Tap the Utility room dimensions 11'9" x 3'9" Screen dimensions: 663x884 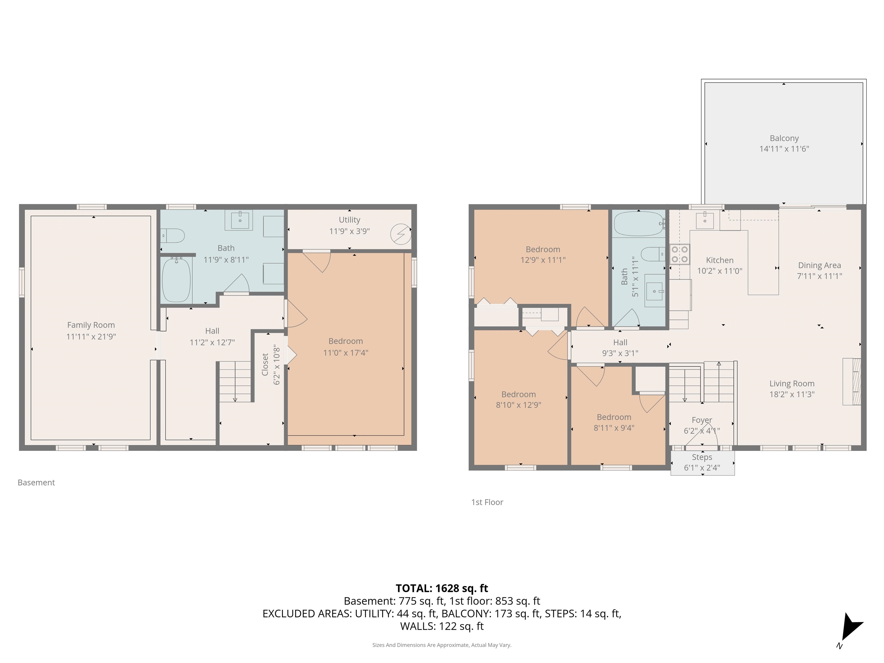click(349, 231)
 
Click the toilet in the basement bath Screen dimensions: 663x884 click(173, 236)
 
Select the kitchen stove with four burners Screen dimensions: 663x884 click(679, 254)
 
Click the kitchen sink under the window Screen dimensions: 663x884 click(704, 220)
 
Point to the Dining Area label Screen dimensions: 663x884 click(819, 265)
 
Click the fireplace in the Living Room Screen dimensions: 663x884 click(852, 382)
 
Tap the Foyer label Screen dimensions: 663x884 click(702, 420)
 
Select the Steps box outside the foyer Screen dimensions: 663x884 click(702, 463)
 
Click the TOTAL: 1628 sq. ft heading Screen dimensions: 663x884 click(442, 588)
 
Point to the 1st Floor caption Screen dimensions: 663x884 click(487, 502)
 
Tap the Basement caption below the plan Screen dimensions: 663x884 click(36, 482)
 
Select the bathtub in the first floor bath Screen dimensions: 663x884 click(638, 224)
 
